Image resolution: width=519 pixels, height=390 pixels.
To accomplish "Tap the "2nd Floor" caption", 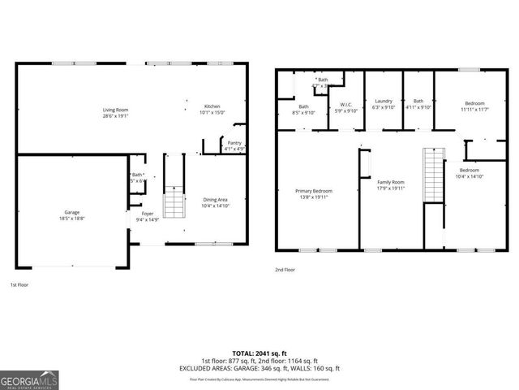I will pos(285,268).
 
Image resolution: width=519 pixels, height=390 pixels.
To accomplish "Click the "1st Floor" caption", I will pos(20,285).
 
